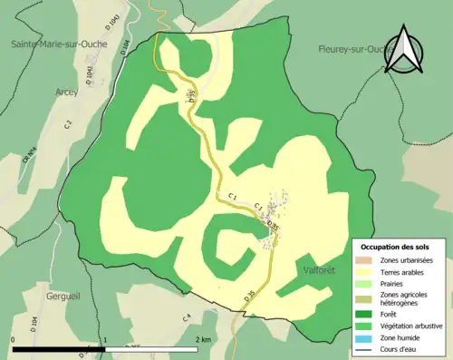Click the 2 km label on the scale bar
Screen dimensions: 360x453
[x=204, y=339]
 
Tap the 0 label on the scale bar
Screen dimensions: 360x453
[x=14, y=339]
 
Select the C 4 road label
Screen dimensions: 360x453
[x=187, y=317]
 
